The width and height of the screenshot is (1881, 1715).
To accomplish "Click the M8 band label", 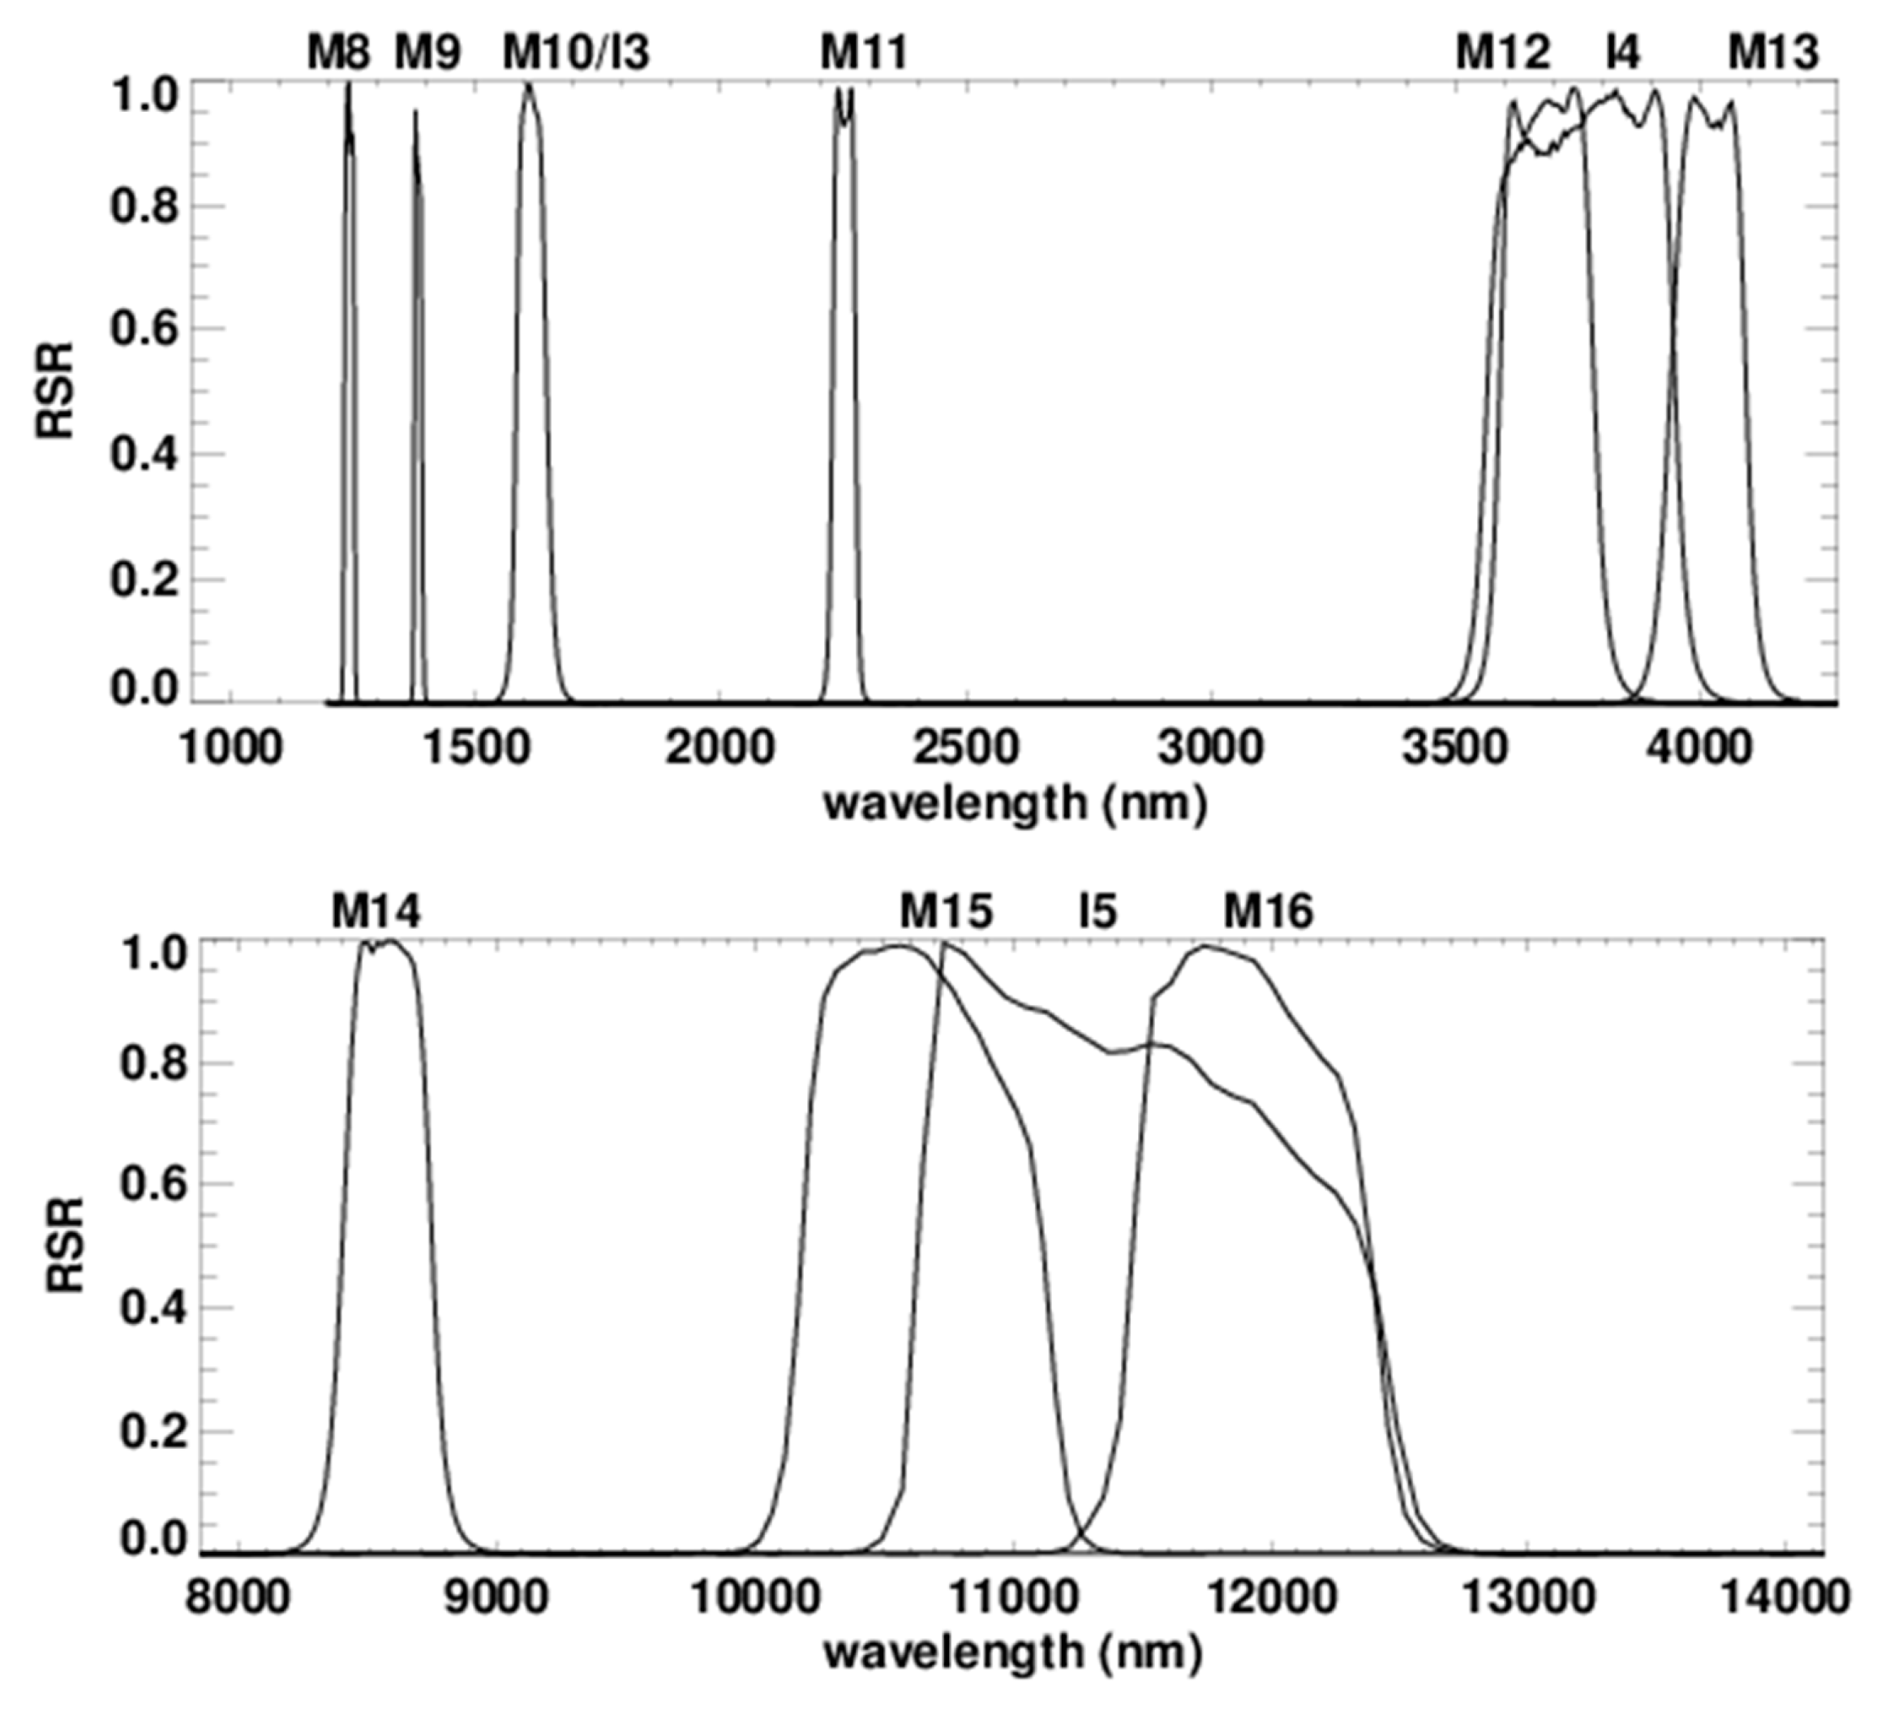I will coord(339,54).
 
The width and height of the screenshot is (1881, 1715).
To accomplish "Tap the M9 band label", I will coord(427,54).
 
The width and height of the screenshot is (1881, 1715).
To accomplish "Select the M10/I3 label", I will coord(576,54).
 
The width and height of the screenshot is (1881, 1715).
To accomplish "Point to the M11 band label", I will coord(863,54).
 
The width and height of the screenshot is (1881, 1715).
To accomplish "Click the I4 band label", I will coord(1622,54).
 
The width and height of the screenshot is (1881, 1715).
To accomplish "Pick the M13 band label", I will coord(1773,54).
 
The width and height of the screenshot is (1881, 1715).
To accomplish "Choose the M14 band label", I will coord(376,911).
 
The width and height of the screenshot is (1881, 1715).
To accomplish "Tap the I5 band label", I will coord(1097,911).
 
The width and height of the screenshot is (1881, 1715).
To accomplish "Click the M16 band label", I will coord(1268,911).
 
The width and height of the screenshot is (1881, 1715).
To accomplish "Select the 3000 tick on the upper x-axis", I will coord(1210,748).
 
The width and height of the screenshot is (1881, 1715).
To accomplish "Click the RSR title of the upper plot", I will coord(56,392).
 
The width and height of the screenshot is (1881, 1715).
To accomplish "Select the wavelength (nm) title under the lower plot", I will coord(1012,1653).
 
